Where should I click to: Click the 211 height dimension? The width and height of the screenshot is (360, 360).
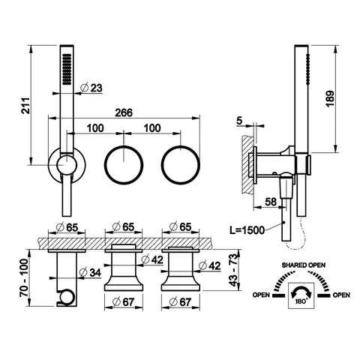pos(25,106)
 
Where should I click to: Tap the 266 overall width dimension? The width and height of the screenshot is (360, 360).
pos(124,112)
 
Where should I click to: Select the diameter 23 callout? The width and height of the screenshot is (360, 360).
pos(91,88)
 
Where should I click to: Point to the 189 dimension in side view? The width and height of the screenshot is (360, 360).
pos(330,99)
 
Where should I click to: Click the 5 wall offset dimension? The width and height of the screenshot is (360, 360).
pos(239,121)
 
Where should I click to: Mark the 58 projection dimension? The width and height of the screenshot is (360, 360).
pos(271,202)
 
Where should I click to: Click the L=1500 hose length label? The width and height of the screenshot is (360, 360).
pos(247,230)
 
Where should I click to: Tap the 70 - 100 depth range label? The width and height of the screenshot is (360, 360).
pos(24,277)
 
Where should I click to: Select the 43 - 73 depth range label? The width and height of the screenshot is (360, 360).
pos(232,270)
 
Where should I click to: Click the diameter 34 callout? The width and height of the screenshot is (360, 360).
pos(90,272)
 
